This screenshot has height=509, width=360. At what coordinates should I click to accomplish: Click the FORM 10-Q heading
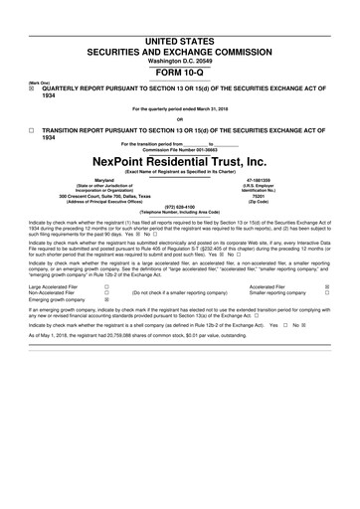click(179, 45)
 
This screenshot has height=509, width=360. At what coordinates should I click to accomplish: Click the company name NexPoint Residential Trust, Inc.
click(179, 161)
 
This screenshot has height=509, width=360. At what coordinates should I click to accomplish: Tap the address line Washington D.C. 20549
click(179, 33)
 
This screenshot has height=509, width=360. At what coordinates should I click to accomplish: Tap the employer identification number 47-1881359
click(272, 181)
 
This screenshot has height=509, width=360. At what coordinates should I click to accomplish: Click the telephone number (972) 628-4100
click(180, 207)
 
